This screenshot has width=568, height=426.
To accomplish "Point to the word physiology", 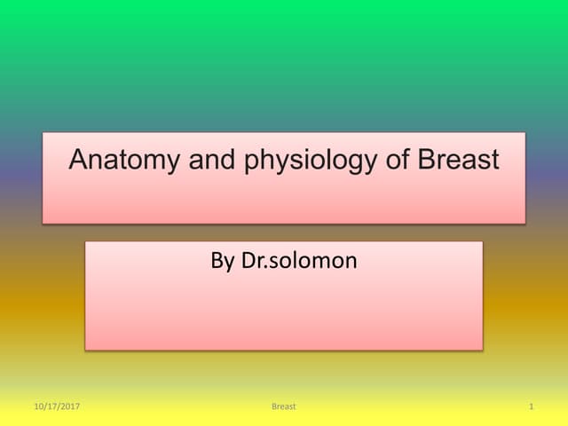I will [x=295, y=162].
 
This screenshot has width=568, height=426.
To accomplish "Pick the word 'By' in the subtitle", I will [x=223, y=261].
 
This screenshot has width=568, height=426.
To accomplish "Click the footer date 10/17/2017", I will [x=56, y=406].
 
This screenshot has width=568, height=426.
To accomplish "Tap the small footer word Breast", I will [x=283, y=406].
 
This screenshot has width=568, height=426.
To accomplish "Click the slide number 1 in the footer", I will [x=530, y=406].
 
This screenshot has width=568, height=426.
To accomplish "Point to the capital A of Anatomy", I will [x=79, y=161].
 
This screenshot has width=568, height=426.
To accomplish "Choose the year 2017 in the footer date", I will [x=68, y=406].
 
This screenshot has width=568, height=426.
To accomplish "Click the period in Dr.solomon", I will [x=268, y=267].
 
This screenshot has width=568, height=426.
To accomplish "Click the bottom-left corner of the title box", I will [x=43, y=223].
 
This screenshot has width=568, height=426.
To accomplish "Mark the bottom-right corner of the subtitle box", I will [x=483, y=350].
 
